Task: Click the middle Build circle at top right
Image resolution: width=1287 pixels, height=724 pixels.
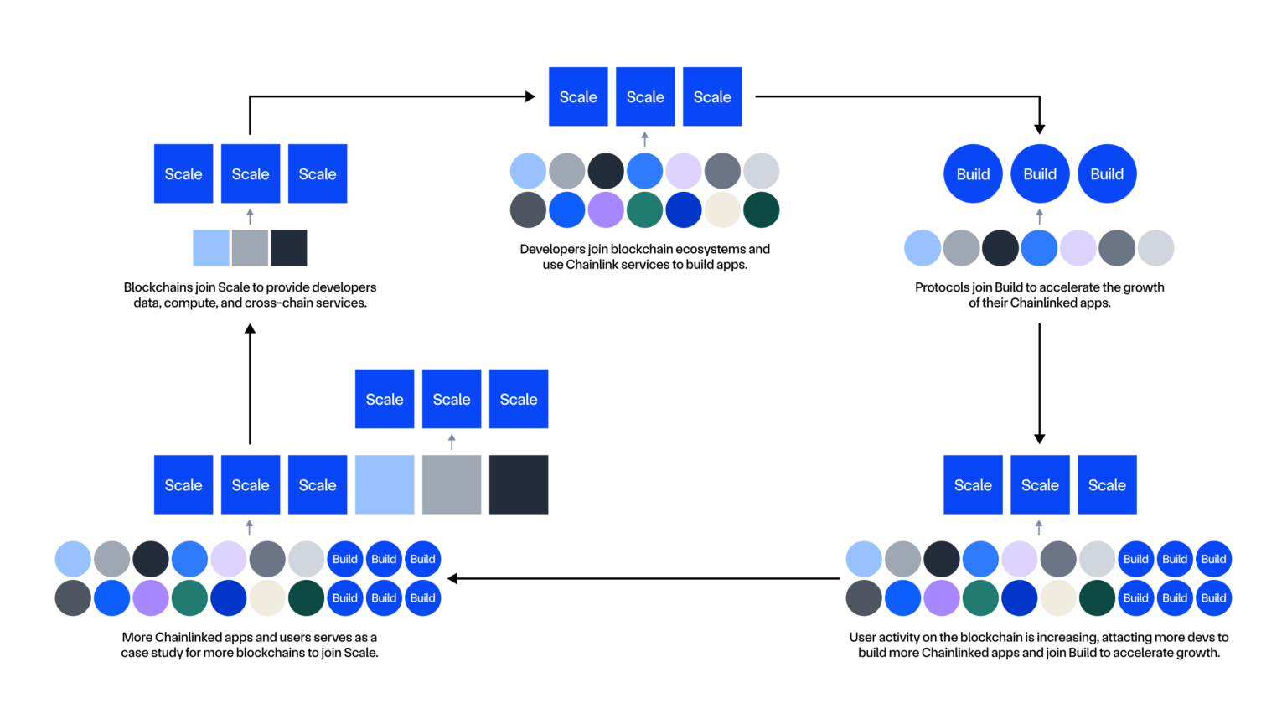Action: click(1040, 173)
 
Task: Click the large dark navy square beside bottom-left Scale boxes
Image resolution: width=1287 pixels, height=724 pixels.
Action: click(519, 484)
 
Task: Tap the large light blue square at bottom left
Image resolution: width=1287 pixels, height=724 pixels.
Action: click(385, 484)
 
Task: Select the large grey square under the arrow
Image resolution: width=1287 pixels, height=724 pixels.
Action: click(452, 484)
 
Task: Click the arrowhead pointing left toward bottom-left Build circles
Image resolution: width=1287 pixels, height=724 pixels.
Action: click(453, 578)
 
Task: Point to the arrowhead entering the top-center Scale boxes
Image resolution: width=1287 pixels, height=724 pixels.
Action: click(530, 96)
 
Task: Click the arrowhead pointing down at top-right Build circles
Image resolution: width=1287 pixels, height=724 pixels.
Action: click(1039, 128)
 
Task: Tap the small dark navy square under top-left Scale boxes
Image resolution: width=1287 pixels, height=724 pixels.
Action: click(289, 248)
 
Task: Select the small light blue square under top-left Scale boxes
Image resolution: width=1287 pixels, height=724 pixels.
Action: click(211, 248)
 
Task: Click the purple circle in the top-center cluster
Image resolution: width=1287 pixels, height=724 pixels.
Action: click(606, 209)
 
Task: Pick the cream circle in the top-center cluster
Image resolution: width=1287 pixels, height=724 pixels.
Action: click(722, 209)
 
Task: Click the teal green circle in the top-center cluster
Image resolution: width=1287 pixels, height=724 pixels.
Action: click(644, 209)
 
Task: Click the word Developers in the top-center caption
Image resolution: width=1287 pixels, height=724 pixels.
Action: click(552, 249)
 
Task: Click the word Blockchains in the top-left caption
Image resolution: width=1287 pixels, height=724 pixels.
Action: click(158, 287)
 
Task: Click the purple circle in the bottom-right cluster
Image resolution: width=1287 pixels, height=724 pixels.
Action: click(942, 598)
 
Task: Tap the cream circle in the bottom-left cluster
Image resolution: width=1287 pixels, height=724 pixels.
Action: click(267, 598)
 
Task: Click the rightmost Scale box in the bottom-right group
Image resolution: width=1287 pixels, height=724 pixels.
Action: click(1107, 484)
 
